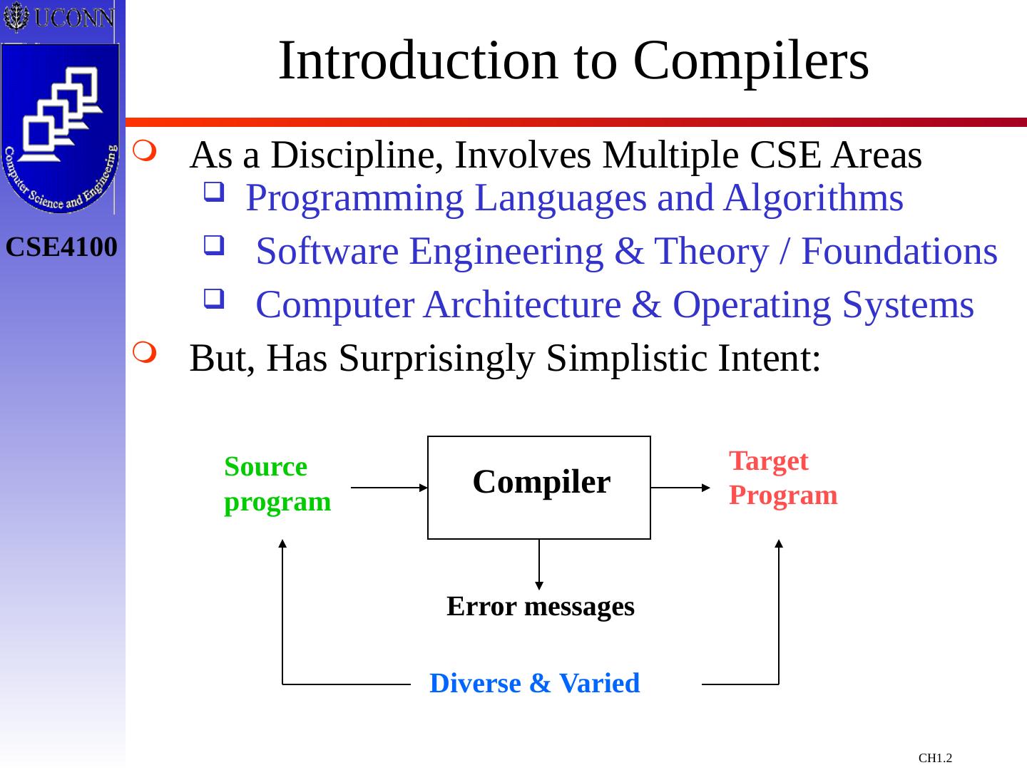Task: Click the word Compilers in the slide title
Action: [751, 61]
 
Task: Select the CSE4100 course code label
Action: [62, 247]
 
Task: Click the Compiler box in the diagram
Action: [539, 487]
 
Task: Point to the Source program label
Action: [277, 484]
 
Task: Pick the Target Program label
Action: [782, 478]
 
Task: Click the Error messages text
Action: [540, 607]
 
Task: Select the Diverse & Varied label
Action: [534, 683]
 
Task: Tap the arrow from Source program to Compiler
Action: [389, 488]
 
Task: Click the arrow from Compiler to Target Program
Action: [681, 488]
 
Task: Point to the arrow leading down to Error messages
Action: [539, 564]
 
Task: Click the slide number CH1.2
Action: [935, 758]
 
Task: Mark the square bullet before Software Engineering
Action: [212, 246]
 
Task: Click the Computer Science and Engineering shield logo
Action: [61, 128]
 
